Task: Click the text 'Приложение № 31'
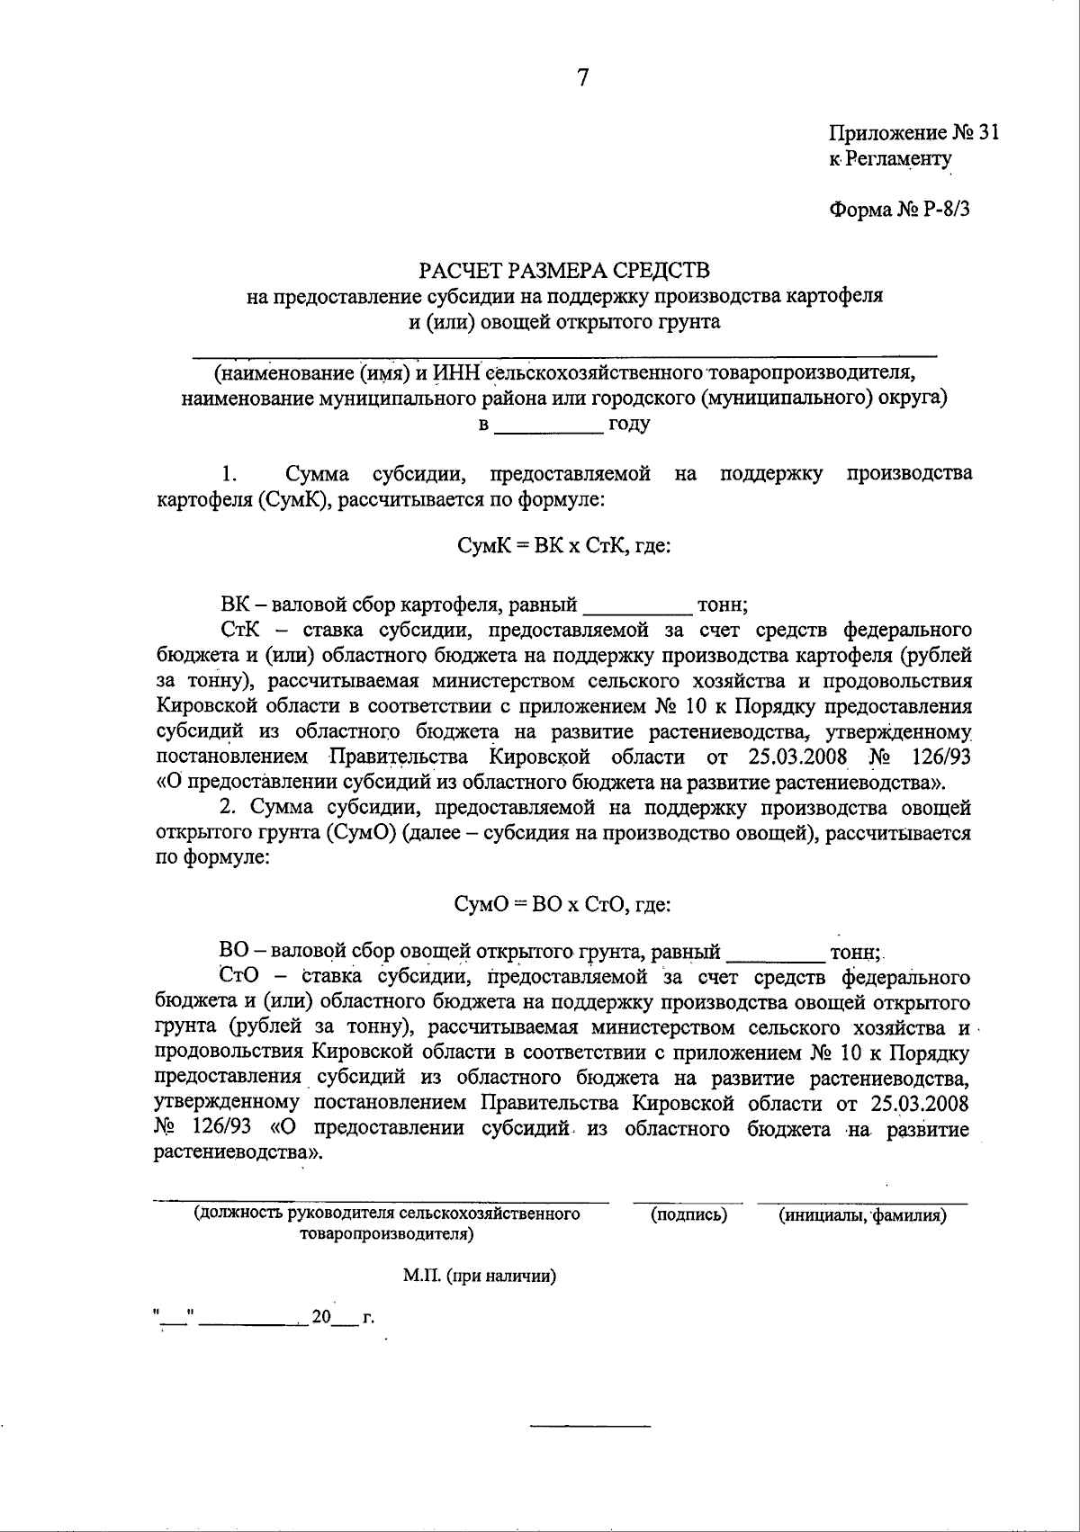[x=913, y=133]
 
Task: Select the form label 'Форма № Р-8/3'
[x=899, y=210]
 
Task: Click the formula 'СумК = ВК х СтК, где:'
[x=564, y=546]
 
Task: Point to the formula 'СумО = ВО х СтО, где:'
[x=564, y=905]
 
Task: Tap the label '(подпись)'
[x=688, y=1215]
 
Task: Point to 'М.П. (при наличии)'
[x=479, y=1276]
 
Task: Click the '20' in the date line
[x=321, y=1317]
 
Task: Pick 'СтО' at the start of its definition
[x=238, y=977]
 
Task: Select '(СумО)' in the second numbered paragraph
[x=363, y=832]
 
